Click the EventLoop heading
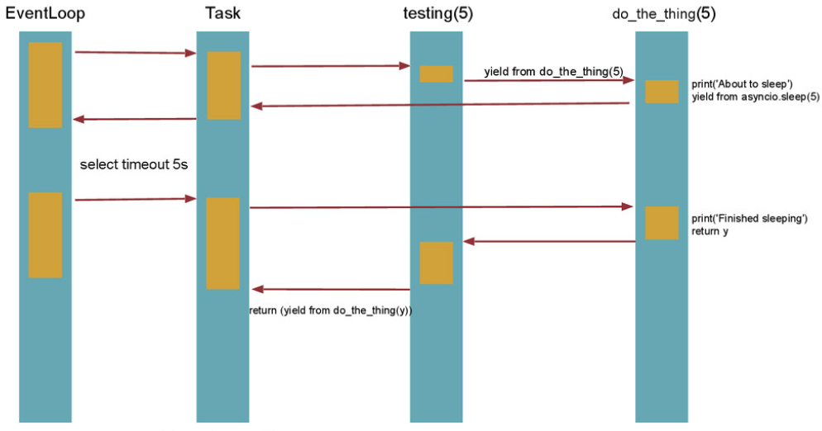[45, 14]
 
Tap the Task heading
[222, 14]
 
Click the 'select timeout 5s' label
[134, 165]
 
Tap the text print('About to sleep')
[742, 84]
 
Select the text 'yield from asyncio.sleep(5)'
[755, 97]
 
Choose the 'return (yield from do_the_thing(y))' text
[331, 310]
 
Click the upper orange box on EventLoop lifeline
[45, 85]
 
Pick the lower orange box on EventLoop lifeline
[45, 234]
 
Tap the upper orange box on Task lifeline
[223, 85]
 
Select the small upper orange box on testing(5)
[436, 73]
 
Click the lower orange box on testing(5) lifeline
[436, 263]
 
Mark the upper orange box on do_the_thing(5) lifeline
[662, 92]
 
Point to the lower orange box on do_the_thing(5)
[662, 223]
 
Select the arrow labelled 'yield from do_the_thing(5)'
[548, 81]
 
